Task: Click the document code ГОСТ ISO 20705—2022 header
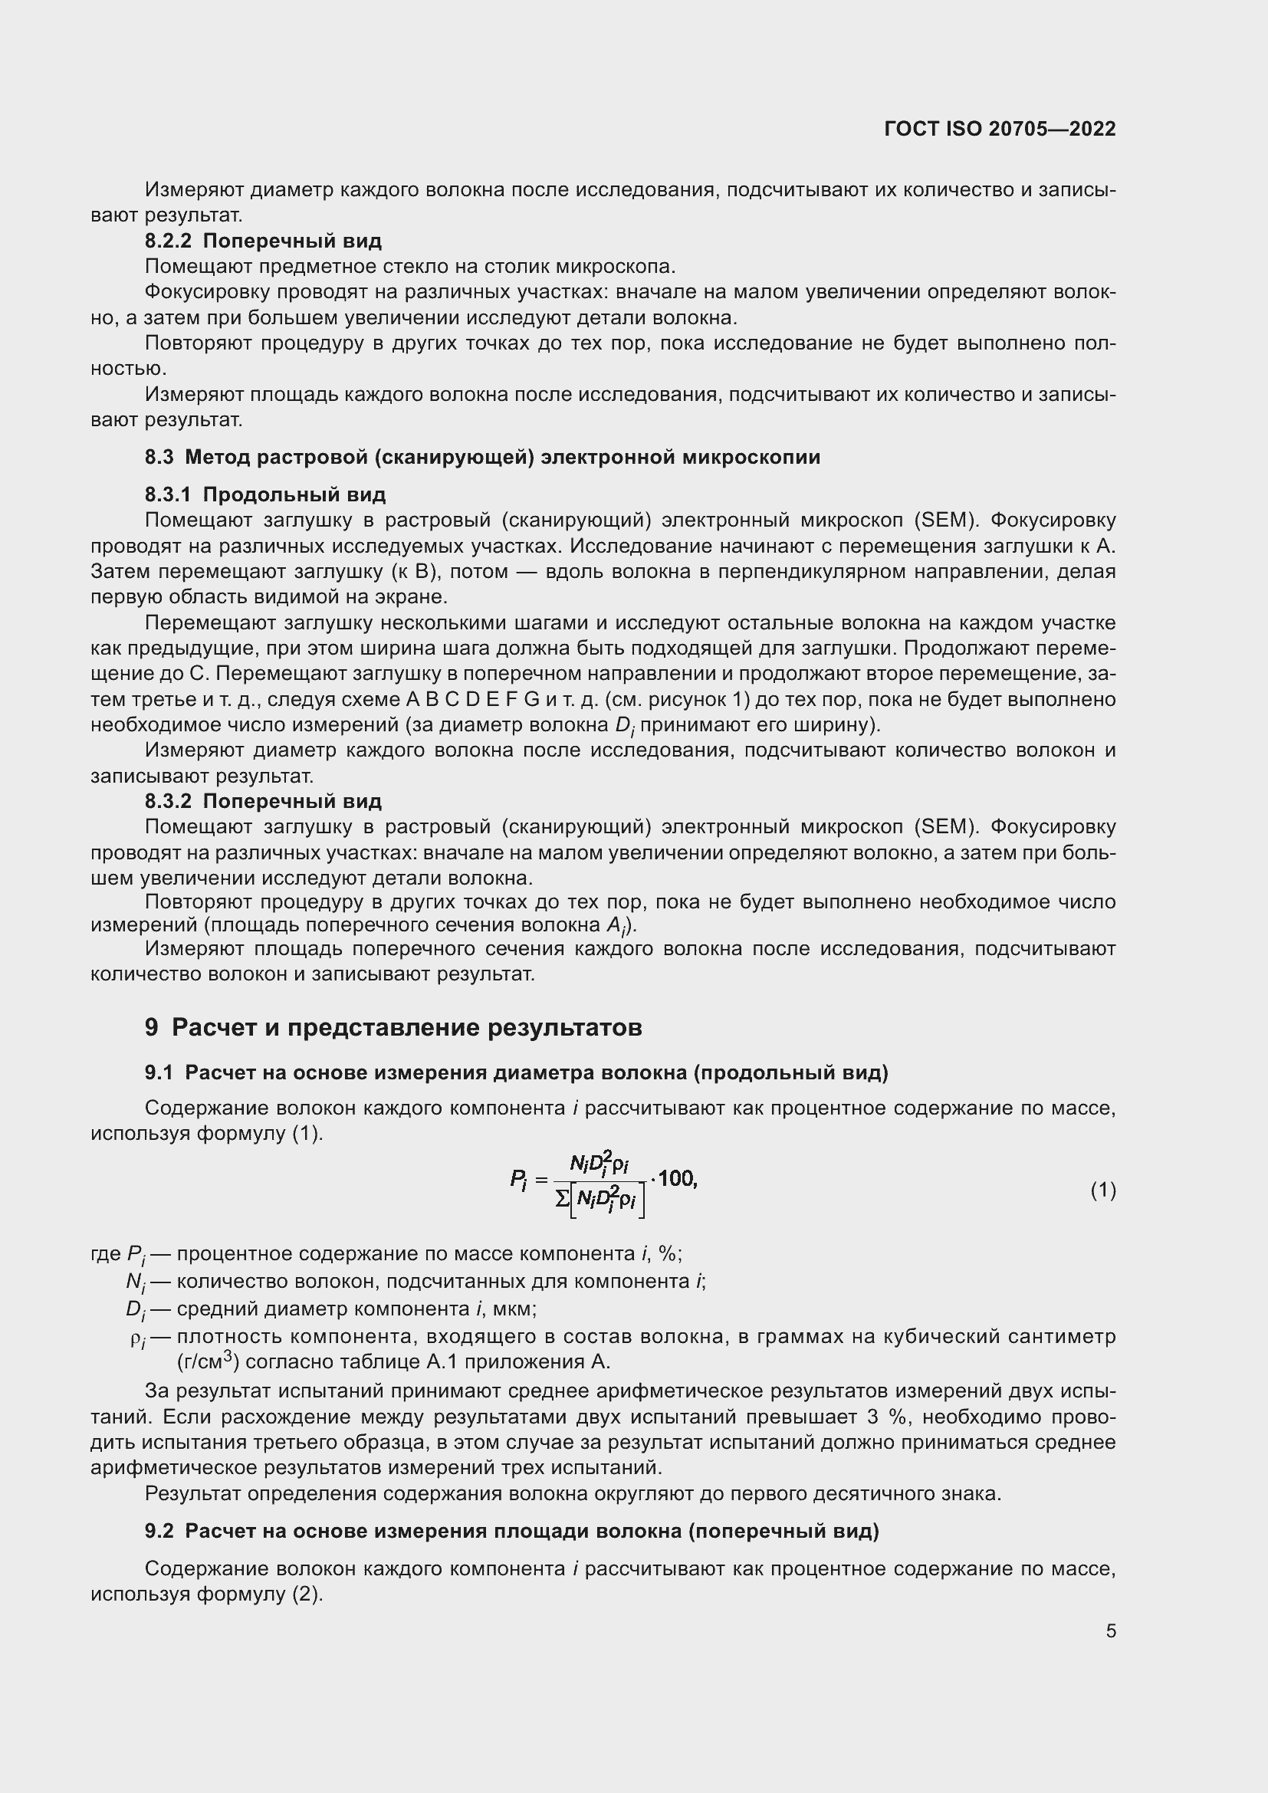click(x=1000, y=129)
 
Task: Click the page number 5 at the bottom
click(x=1110, y=1630)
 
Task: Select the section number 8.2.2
click(x=168, y=241)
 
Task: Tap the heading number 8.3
click(x=159, y=457)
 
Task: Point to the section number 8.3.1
click(x=168, y=494)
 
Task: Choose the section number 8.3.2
click(x=168, y=801)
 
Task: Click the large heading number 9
click(x=152, y=1028)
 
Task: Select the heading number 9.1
click(x=159, y=1073)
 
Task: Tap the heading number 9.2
click(x=159, y=1532)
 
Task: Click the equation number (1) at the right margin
click(x=1102, y=1190)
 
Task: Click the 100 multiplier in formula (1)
click(x=676, y=1178)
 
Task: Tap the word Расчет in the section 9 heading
click(x=212, y=1028)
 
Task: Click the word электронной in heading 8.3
click(x=608, y=457)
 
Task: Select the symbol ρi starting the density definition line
click(x=138, y=1338)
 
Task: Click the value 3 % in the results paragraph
click(x=884, y=1417)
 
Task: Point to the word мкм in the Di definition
click(x=512, y=1309)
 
